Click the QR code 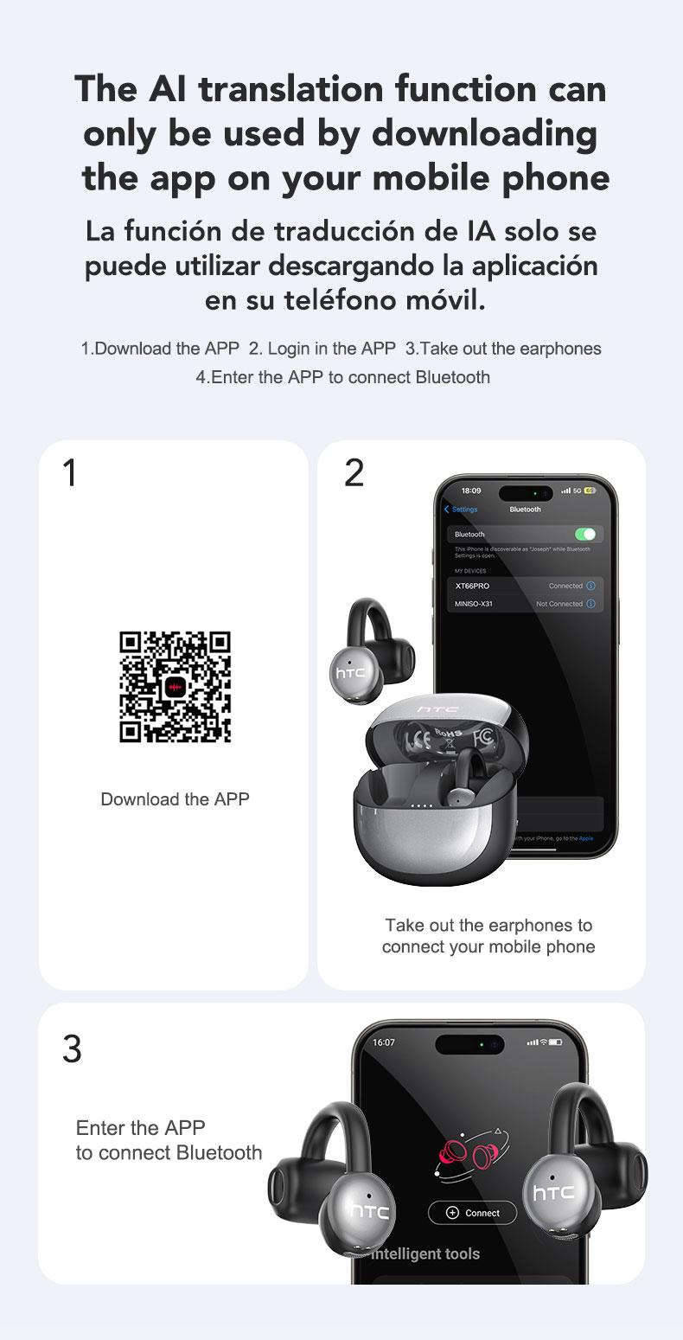pyautogui.click(x=175, y=687)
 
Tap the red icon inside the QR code pyautogui.click(x=176, y=687)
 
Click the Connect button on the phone pyautogui.click(x=472, y=1212)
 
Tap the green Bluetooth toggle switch pyautogui.click(x=584, y=534)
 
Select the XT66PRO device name pyautogui.click(x=472, y=586)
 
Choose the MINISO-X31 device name pyautogui.click(x=474, y=604)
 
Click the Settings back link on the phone pyautogui.click(x=462, y=510)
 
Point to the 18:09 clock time pyautogui.click(x=471, y=490)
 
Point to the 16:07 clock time pyautogui.click(x=383, y=1042)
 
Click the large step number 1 pyautogui.click(x=70, y=473)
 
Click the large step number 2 pyautogui.click(x=354, y=473)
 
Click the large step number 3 pyautogui.click(x=72, y=1048)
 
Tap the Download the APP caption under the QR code pyautogui.click(x=175, y=799)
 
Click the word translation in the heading pyautogui.click(x=288, y=89)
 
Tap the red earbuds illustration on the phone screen pyautogui.click(x=471, y=1157)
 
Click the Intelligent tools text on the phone pyautogui.click(x=426, y=1253)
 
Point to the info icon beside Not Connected pyautogui.click(x=590, y=604)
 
